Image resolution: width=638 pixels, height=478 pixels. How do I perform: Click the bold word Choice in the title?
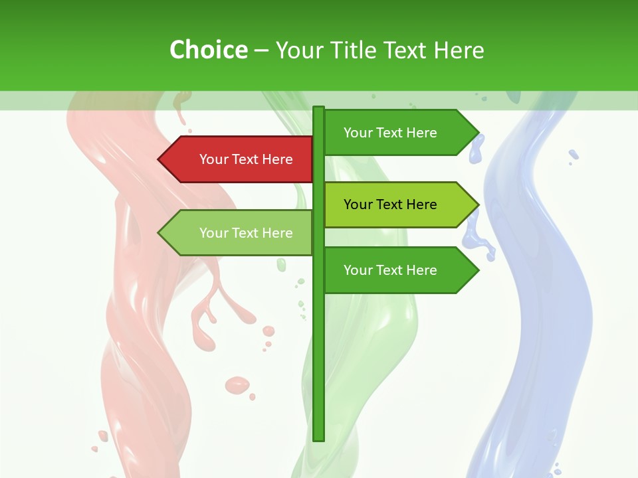coord(208,50)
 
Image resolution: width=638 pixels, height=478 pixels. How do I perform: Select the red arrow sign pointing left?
coord(239,159)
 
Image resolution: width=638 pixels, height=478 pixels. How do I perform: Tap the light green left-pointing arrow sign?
coord(239,233)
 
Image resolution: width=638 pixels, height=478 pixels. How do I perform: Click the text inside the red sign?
coord(246,159)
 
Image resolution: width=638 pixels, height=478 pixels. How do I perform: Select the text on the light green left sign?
coord(246,233)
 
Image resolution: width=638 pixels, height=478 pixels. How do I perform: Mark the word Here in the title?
coord(459,50)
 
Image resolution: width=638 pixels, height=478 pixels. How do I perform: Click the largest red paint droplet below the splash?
coord(237,384)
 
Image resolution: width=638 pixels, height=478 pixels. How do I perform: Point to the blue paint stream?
coord(545,299)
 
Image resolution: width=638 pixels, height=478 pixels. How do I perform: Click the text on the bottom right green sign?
coord(390,270)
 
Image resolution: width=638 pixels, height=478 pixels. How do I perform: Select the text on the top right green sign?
coord(390,133)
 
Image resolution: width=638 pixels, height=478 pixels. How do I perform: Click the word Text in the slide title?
coord(407,50)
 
